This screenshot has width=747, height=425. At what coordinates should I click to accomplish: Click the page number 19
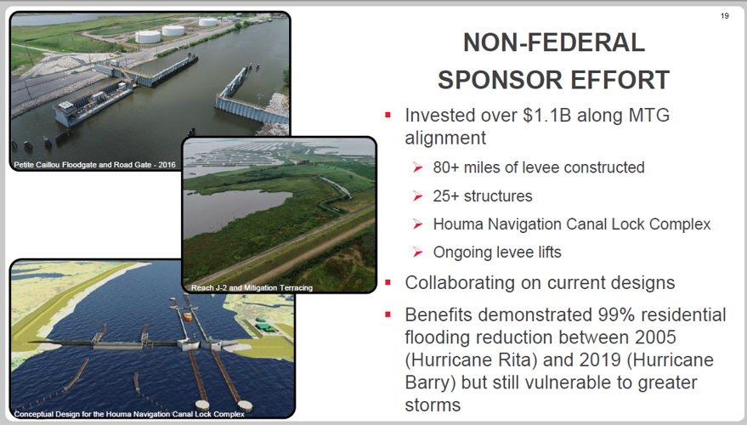click(x=724, y=15)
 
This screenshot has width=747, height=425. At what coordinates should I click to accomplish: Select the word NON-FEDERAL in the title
click(x=553, y=42)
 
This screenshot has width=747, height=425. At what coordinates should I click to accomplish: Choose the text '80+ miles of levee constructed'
click(x=538, y=167)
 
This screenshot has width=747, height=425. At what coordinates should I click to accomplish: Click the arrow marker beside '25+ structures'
click(x=417, y=196)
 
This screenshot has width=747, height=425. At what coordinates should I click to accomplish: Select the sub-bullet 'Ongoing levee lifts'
click(x=497, y=252)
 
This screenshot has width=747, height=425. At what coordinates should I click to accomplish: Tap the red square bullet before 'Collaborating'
click(x=388, y=282)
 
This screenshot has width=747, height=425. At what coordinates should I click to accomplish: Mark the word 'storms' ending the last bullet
click(x=433, y=405)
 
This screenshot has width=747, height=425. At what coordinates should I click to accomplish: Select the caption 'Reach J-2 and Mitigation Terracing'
click(x=252, y=287)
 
